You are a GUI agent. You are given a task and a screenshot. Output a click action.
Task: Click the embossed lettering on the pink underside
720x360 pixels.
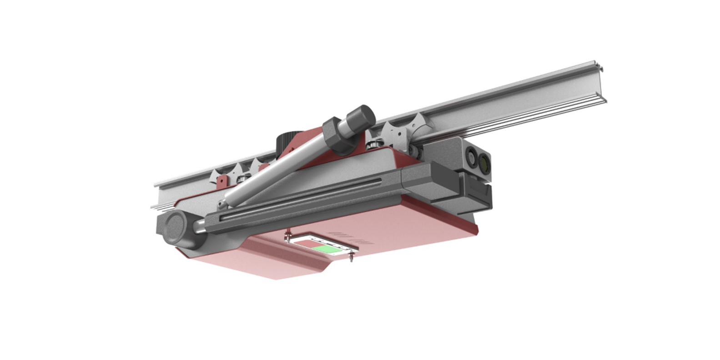point(350,238)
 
